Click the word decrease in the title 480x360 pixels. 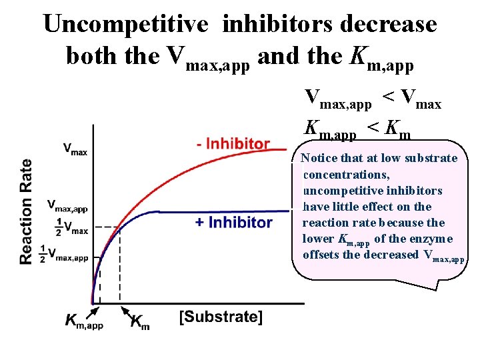click(x=389, y=24)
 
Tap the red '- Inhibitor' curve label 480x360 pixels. click(x=233, y=143)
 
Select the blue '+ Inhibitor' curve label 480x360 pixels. click(x=233, y=222)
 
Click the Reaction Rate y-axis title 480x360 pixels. click(x=26, y=211)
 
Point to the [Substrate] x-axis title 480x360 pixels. click(x=221, y=316)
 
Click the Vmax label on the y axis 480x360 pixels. click(x=75, y=149)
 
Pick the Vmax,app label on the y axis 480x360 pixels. click(x=67, y=206)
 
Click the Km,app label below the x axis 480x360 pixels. click(x=84, y=322)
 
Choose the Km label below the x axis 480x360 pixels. click(x=139, y=322)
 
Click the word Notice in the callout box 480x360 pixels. click(x=317, y=158)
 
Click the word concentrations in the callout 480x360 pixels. click(x=346, y=174)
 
